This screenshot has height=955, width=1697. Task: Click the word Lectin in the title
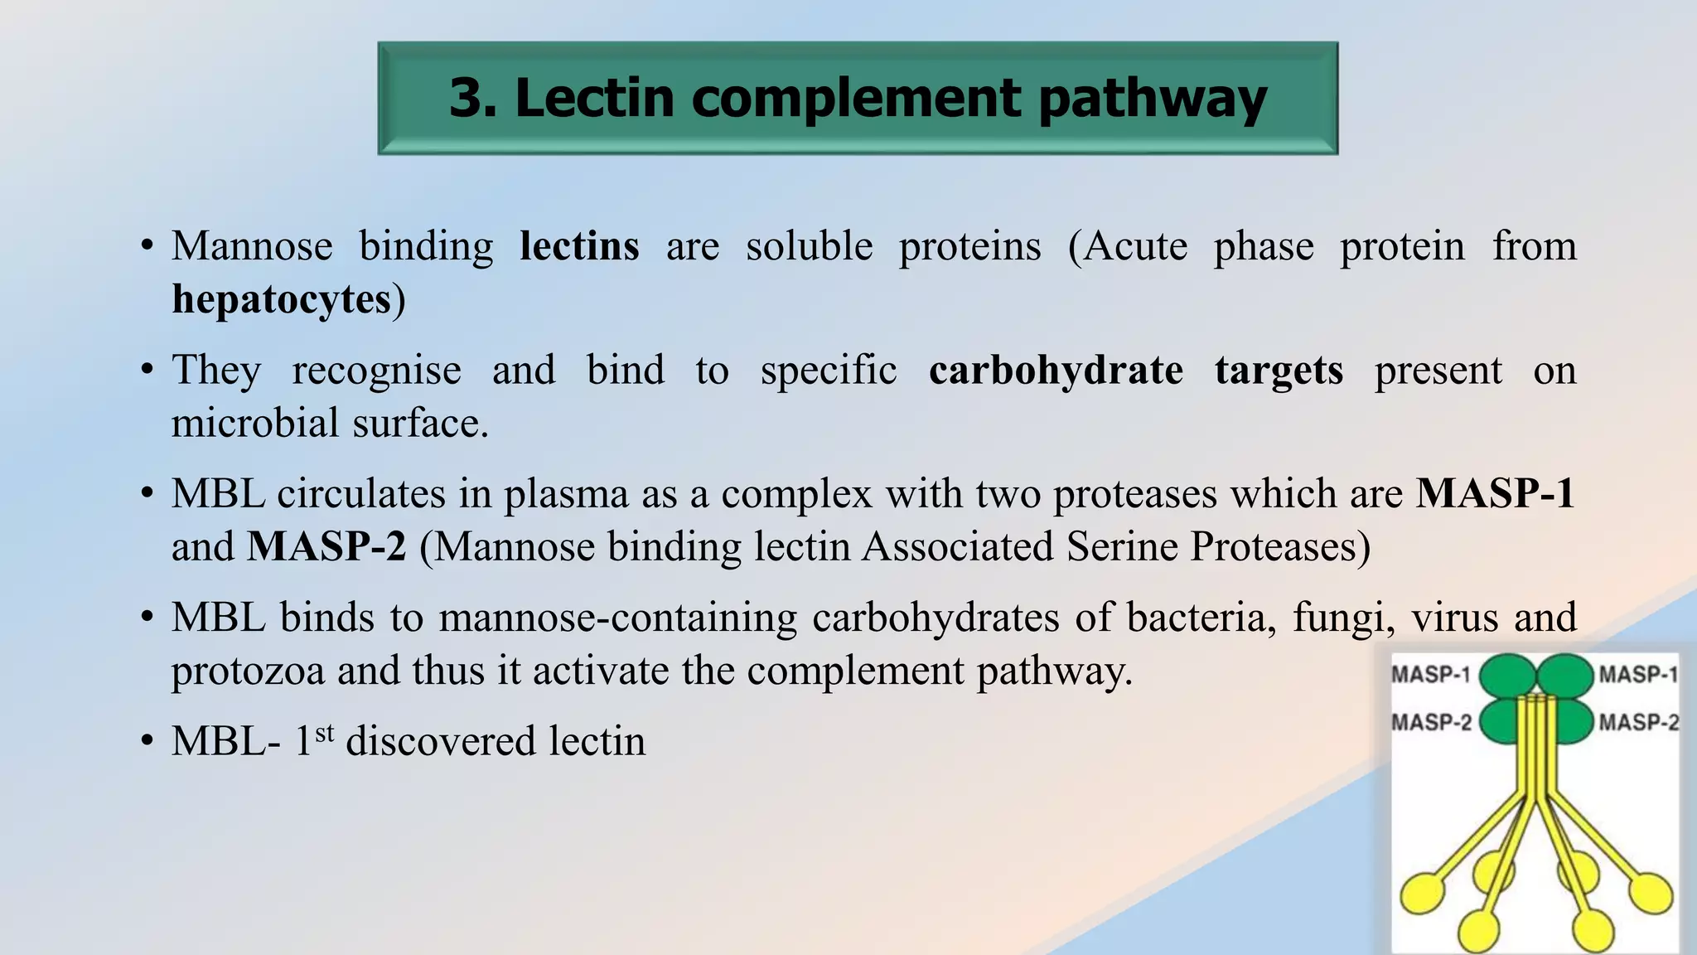point(594,99)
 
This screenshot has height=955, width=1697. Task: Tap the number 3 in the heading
point(468,99)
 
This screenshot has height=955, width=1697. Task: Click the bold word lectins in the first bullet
point(579,246)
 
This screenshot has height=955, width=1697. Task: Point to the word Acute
point(1136,246)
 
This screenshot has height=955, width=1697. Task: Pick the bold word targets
point(1279,371)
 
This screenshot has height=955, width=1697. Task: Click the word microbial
point(254,424)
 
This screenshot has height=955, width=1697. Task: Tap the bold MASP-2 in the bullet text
point(326,547)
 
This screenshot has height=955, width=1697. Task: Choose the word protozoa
point(248,671)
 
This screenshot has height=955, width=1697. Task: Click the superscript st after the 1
point(324,732)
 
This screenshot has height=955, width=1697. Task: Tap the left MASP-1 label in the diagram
point(1431,674)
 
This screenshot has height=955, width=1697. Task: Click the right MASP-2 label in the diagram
point(1638,722)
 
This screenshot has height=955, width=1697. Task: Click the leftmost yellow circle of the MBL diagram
point(1422,894)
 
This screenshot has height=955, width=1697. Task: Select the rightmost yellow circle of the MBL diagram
point(1651,893)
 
